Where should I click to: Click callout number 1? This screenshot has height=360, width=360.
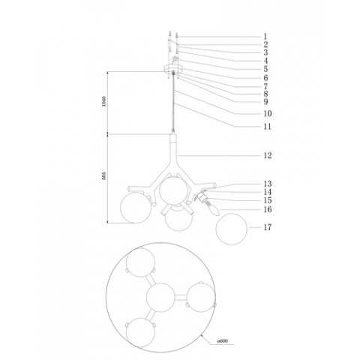click(x=265, y=36)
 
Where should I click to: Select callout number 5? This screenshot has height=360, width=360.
click(x=265, y=69)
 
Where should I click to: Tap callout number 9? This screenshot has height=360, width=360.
click(x=265, y=101)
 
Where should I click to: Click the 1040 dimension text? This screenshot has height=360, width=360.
click(x=105, y=102)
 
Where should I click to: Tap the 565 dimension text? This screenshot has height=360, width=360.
click(x=105, y=178)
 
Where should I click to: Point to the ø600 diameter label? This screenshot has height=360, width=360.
click(x=222, y=342)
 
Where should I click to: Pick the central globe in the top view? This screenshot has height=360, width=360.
click(x=161, y=298)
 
